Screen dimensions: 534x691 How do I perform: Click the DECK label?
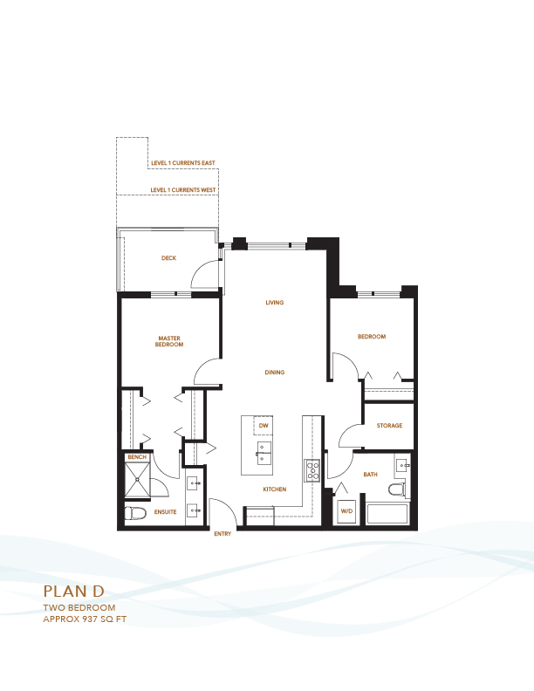click(x=168, y=258)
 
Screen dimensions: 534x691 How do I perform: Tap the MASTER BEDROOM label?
click(x=169, y=341)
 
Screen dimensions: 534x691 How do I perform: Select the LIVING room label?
click(x=275, y=303)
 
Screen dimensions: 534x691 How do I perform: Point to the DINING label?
click(x=275, y=373)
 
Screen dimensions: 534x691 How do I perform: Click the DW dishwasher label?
click(x=264, y=426)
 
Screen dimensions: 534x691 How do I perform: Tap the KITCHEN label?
click(x=275, y=489)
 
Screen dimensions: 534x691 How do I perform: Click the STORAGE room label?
click(x=389, y=426)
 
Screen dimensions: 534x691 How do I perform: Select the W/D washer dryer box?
click(x=346, y=510)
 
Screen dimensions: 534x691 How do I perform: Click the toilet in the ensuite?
click(x=136, y=513)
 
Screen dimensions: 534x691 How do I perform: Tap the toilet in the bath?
click(x=397, y=489)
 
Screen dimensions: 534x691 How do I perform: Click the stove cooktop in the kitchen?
click(x=313, y=469)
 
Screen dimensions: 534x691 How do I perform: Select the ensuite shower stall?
click(x=138, y=481)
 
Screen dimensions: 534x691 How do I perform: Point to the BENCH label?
click(x=137, y=457)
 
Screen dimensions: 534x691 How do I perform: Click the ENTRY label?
click(x=222, y=534)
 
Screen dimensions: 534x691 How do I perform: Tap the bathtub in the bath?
click(x=387, y=514)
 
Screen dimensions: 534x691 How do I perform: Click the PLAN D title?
click(x=74, y=592)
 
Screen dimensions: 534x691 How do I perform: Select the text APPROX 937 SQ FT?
click(x=85, y=619)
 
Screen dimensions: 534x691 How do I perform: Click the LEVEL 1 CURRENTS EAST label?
click(x=183, y=163)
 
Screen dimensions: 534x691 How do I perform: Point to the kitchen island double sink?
click(x=264, y=454)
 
